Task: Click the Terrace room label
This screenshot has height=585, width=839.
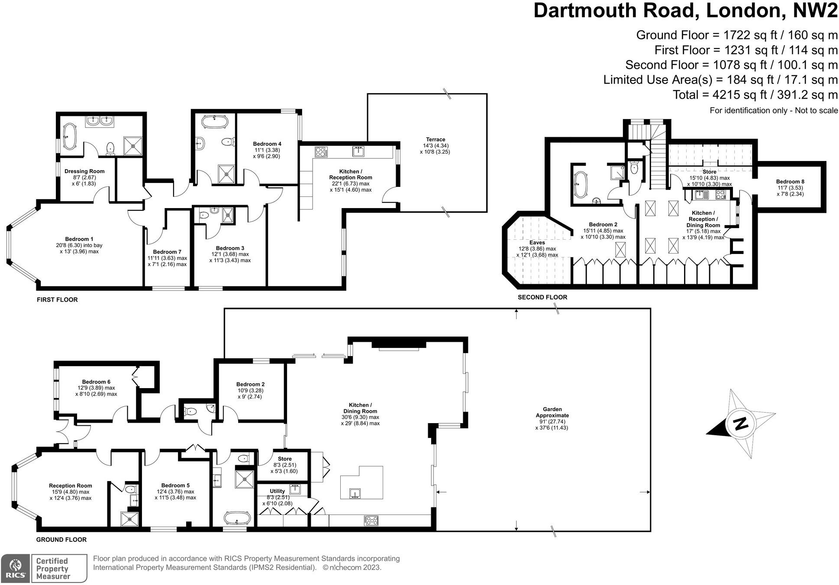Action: click(x=435, y=139)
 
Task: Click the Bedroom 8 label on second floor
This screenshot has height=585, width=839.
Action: click(x=790, y=182)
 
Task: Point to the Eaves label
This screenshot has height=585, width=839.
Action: click(x=537, y=243)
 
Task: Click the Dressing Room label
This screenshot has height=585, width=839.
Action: click(x=84, y=171)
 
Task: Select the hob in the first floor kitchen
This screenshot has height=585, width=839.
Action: click(x=321, y=152)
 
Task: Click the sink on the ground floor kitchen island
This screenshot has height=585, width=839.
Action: click(x=355, y=493)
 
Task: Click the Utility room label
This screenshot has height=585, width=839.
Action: click(x=277, y=491)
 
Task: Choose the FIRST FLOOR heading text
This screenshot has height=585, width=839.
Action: click(x=57, y=299)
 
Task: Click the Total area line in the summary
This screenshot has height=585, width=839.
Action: click(x=755, y=95)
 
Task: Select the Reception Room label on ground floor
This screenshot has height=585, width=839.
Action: click(x=70, y=485)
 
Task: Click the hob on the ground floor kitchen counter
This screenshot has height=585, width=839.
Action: click(x=371, y=521)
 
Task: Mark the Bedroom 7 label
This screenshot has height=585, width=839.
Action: click(x=167, y=252)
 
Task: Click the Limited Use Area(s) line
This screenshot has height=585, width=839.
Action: click(x=720, y=80)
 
